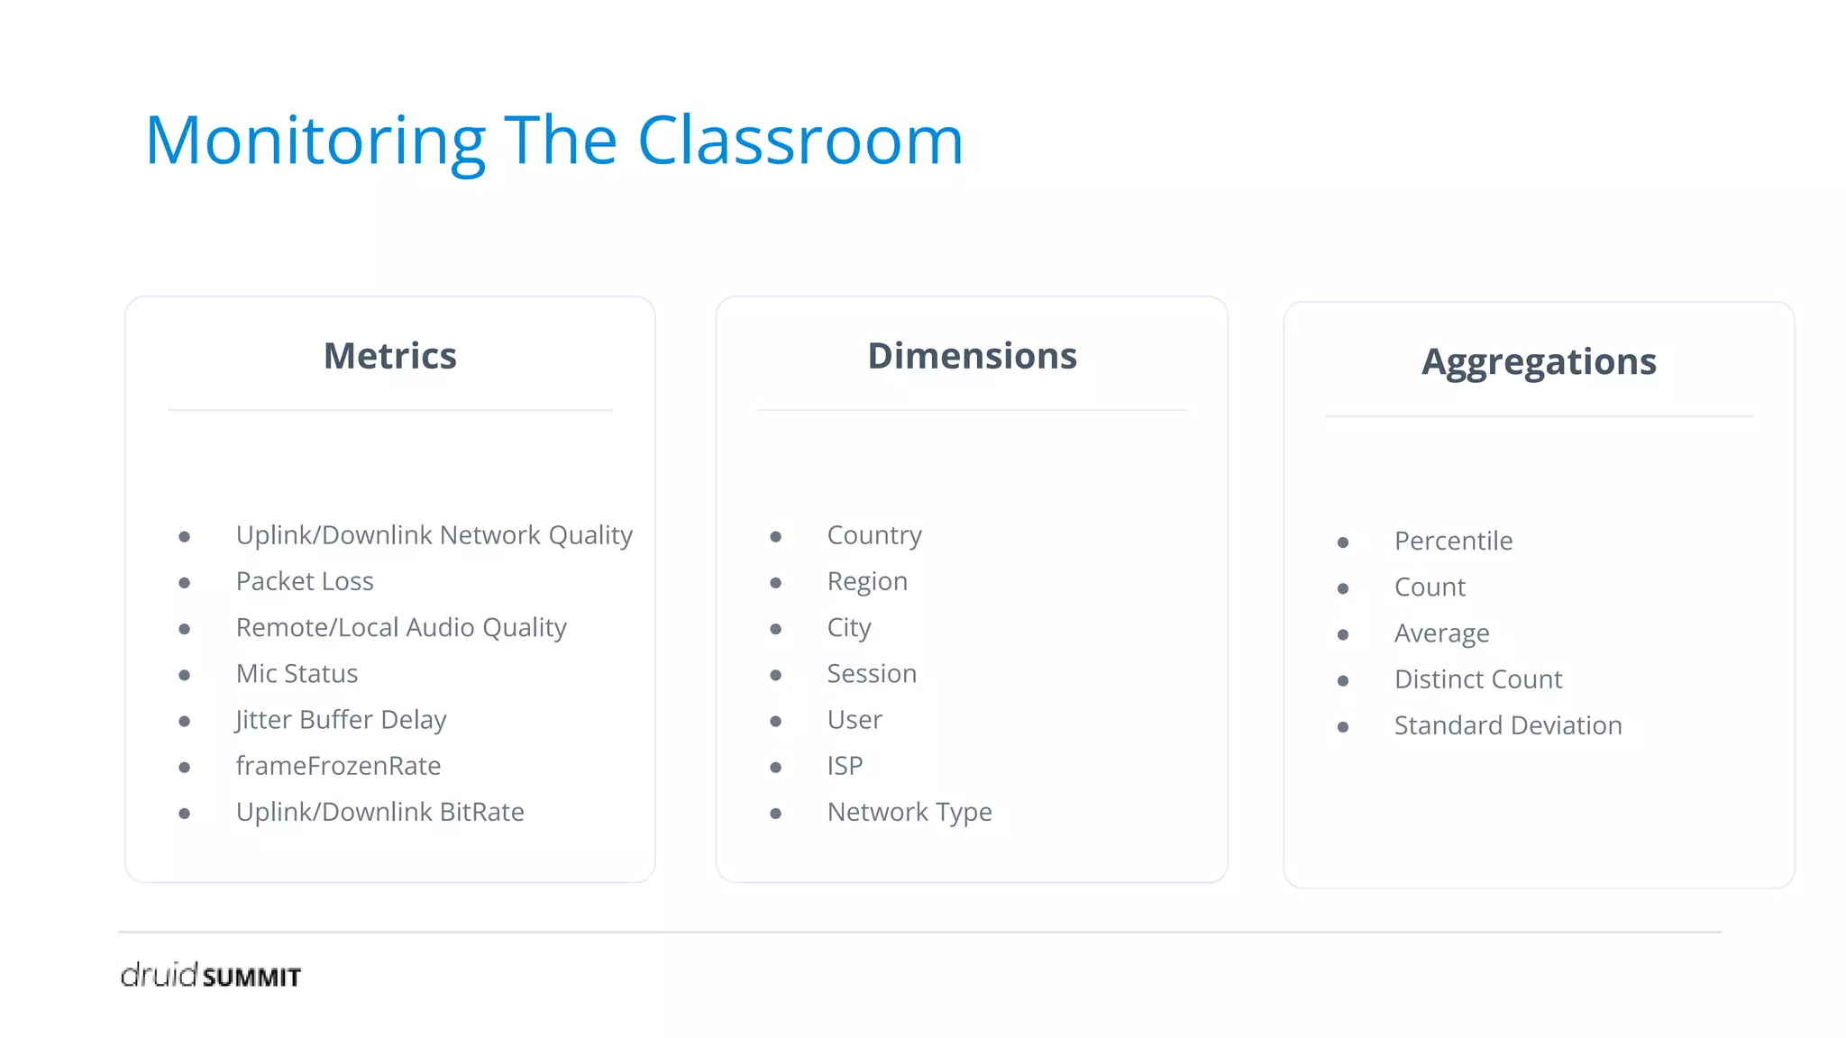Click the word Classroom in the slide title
800,141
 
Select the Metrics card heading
390,356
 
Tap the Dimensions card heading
972,356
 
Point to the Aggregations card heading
1539,362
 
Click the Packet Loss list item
305,581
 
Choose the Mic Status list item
297,673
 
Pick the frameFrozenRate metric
338,766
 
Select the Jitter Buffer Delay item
341,720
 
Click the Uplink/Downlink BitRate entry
379,812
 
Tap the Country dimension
874,535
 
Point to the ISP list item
845,766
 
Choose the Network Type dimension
909,812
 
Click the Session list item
872,673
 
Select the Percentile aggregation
1453,541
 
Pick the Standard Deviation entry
1508,725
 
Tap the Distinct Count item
1478,679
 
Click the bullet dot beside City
775,629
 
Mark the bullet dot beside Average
1343,635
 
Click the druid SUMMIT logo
211,975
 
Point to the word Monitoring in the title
315,141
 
